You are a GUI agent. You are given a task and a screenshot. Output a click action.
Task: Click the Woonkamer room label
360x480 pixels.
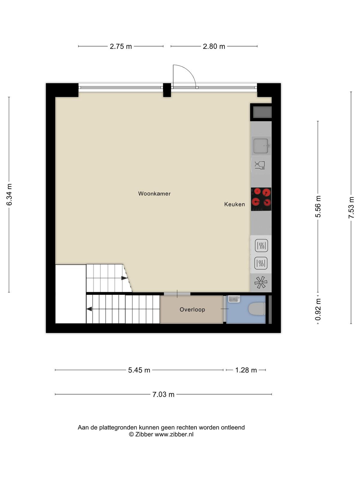pos(154,193)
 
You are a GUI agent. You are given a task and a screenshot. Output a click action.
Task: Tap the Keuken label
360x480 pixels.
pos(235,204)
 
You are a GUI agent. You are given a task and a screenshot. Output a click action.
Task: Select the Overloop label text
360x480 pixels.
pos(192,309)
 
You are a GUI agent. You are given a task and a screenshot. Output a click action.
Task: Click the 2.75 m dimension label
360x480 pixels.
pos(121,46)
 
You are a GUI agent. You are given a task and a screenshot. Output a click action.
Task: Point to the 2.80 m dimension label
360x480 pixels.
pos(214,46)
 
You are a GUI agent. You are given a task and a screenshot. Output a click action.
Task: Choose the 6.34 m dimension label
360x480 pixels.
pos(9,195)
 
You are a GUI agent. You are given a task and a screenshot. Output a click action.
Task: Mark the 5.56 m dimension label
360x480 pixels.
pos(318,206)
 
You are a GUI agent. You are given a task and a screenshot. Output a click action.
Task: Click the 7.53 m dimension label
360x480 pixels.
pos(351,208)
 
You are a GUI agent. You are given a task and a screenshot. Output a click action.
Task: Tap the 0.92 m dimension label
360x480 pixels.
pos(318,309)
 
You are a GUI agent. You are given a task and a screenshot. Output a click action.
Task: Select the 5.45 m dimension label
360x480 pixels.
pos(139,370)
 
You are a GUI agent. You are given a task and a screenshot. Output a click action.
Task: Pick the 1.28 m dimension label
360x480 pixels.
pos(246,370)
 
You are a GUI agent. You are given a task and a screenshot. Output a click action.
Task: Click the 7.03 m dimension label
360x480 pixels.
pos(163,394)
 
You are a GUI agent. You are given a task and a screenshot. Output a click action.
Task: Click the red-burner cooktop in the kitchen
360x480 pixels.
pos(261,199)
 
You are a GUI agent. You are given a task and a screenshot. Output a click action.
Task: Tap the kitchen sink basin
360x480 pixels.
pos(261,146)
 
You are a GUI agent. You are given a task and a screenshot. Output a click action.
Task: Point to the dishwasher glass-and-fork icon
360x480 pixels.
pos(260,165)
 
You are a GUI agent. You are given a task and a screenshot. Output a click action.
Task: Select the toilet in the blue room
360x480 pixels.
pos(256,309)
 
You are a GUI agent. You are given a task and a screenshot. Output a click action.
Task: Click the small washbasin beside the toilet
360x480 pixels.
pos(234,299)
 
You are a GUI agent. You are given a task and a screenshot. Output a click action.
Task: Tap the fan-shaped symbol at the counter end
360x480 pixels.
pos(261,282)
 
